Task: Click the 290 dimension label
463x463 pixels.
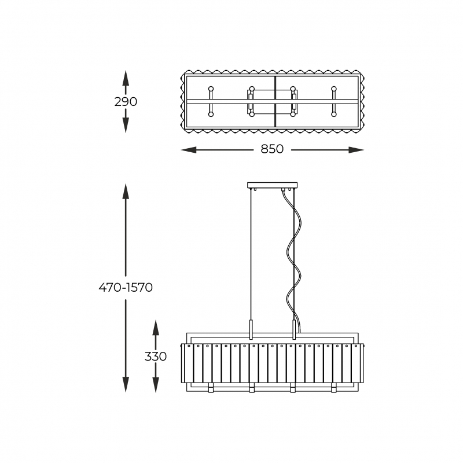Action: click(x=126, y=102)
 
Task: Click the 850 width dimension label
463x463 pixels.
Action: click(x=272, y=149)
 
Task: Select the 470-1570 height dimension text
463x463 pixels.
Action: click(x=126, y=287)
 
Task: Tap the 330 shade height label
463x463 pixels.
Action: click(x=156, y=357)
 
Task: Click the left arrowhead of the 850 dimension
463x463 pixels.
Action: click(x=189, y=150)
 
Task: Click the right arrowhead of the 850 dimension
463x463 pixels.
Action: click(x=356, y=150)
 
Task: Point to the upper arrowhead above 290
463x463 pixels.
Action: click(x=126, y=78)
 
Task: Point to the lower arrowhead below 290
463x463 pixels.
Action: click(x=126, y=125)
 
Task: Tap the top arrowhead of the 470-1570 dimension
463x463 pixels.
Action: click(x=126, y=192)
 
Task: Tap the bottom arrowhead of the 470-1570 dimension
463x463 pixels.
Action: click(x=126, y=384)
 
